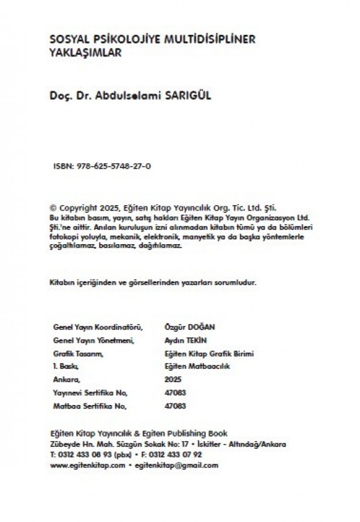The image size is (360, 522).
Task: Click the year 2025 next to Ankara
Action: coord(171,380)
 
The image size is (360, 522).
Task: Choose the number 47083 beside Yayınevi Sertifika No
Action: coord(175,393)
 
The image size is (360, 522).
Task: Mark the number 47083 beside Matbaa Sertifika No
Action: coord(175,406)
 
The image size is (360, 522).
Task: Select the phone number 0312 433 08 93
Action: coord(83,455)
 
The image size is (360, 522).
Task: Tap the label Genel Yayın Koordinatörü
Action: coord(98,327)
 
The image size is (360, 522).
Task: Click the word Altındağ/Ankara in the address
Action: coord(261,445)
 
